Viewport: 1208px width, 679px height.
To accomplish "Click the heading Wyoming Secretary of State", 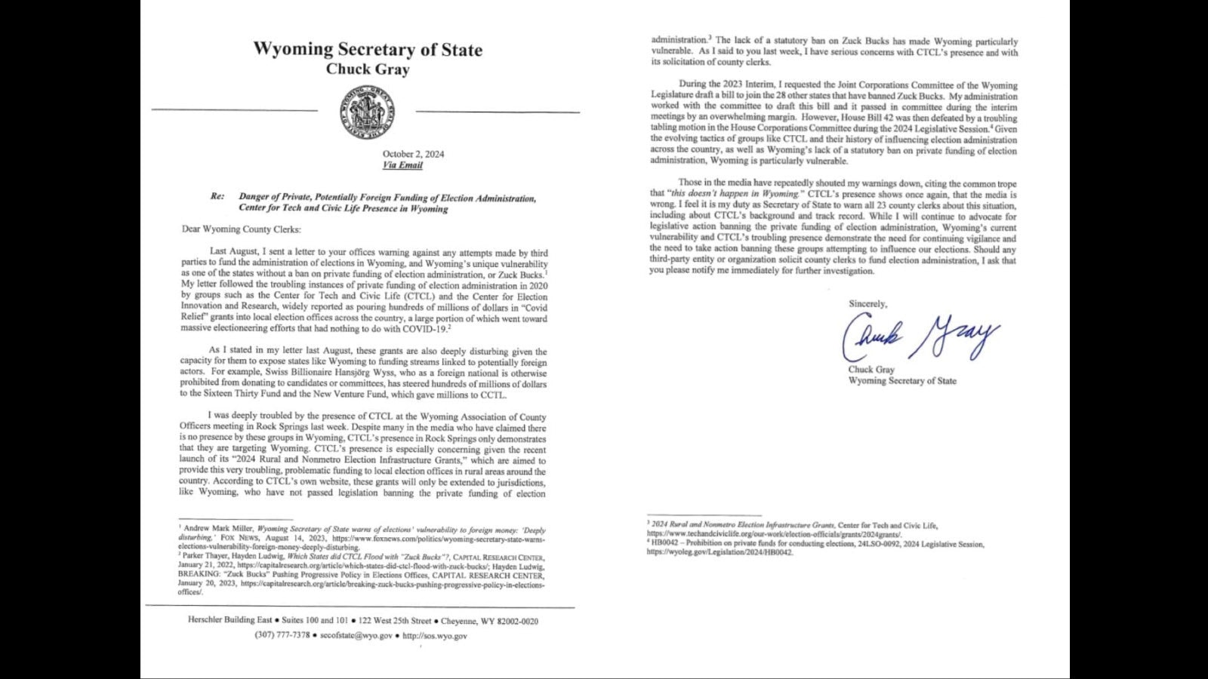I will (368, 50).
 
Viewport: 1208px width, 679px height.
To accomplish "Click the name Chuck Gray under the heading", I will (368, 69).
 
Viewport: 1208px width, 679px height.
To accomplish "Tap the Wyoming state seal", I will (367, 112).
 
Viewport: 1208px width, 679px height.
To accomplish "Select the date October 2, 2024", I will (413, 154).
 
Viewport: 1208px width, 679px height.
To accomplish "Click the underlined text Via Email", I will (402, 165).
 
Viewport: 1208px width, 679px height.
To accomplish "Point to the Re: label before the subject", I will (217, 197).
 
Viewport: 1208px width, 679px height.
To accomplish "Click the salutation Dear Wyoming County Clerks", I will (241, 229).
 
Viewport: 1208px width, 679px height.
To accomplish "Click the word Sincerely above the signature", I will (867, 304).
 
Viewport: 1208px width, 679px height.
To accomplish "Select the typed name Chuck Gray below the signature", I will (871, 370).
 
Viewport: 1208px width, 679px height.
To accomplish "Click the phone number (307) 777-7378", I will (282, 635).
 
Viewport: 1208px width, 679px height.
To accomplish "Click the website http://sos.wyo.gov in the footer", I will (435, 635).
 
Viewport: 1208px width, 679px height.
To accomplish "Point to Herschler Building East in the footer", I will (230, 621).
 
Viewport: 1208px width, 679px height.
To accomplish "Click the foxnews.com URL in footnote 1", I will (438, 539).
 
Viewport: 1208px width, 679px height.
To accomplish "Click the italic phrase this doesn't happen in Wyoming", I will (735, 194).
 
